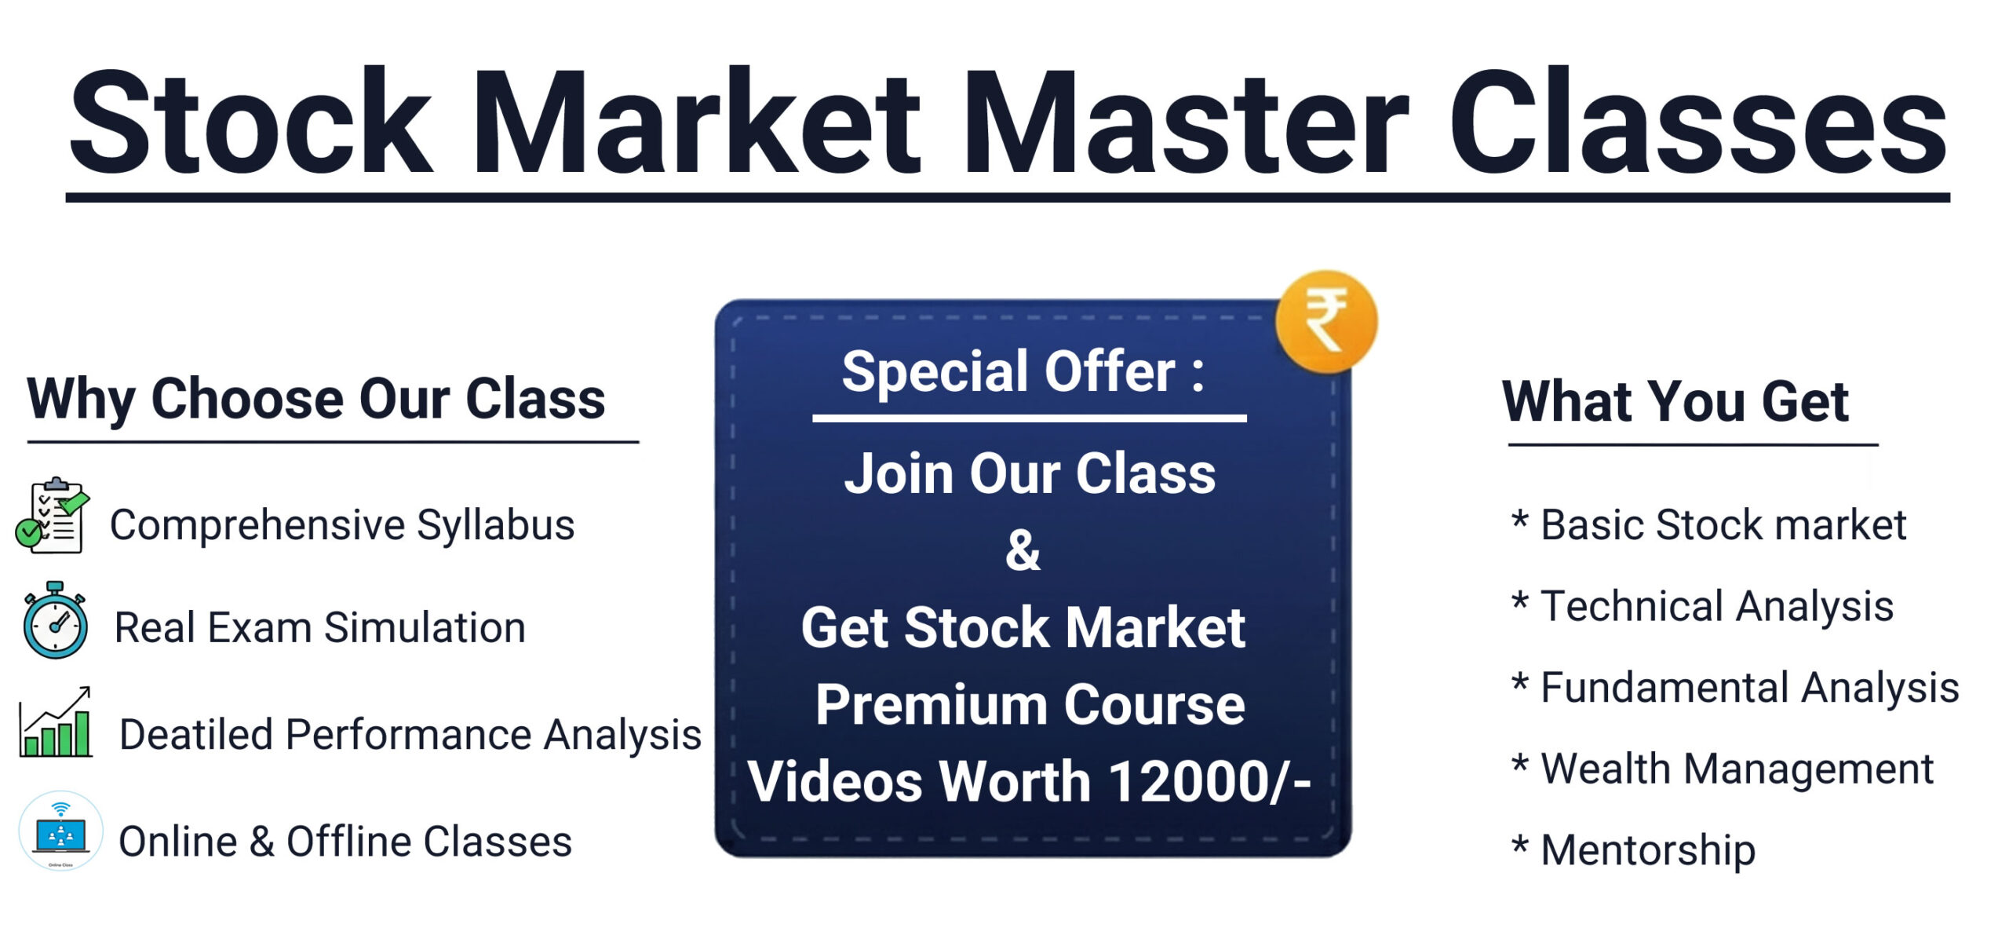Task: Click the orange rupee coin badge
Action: (x=1326, y=321)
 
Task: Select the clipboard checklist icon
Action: (x=53, y=515)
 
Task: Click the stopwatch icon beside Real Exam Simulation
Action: (x=55, y=620)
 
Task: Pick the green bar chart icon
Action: (x=56, y=721)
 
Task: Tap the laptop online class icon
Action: (x=60, y=831)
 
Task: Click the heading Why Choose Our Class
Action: (x=315, y=400)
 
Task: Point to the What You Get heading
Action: (x=1675, y=401)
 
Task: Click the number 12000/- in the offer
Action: (x=1209, y=782)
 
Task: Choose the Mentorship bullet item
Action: (x=1648, y=851)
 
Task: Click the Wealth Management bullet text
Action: (x=1737, y=769)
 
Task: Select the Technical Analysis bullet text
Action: (x=1717, y=607)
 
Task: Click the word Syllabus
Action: (x=495, y=525)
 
